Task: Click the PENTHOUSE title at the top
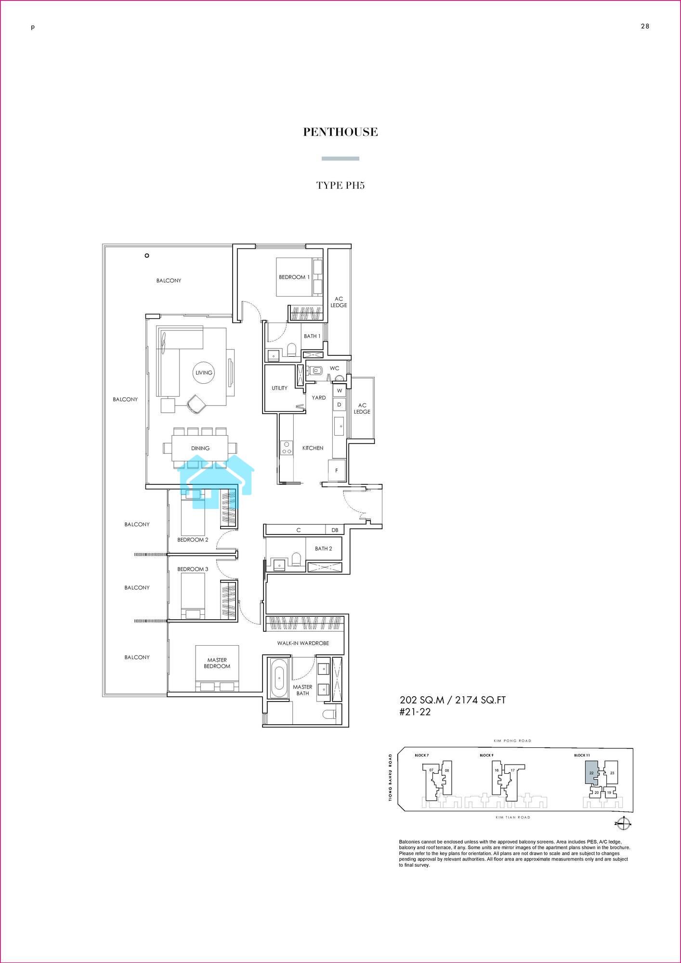340,132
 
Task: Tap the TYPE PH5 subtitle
340,185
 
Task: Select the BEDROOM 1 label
294,277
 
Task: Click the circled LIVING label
204,373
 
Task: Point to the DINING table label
200,448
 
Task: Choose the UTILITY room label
279,388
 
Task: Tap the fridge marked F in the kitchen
337,470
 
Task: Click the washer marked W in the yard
339,390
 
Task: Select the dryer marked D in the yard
339,405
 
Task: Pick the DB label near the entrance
335,530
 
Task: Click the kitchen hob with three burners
287,447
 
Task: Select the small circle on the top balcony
147,256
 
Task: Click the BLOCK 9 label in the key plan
486,755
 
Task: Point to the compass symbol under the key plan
624,824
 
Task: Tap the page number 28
645,26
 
